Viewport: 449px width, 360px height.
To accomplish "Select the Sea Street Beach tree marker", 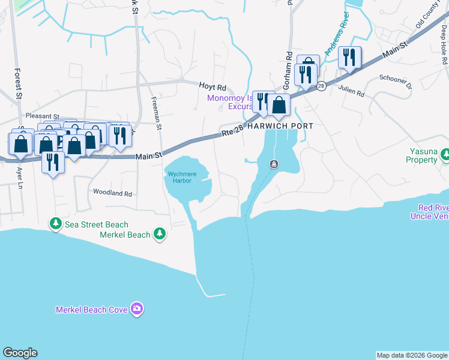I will tap(55, 224).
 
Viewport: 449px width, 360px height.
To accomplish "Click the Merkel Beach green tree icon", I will tap(159, 234).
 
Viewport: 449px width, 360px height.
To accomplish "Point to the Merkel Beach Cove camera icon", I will tap(137, 309).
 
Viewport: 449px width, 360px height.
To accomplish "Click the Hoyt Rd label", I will tap(213, 87).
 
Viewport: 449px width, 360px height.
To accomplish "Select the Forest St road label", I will tap(18, 83).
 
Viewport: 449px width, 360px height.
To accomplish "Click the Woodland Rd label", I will tap(112, 193).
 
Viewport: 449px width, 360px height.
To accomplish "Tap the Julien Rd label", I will tap(351, 94).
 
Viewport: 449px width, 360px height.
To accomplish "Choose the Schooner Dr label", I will tap(396, 82).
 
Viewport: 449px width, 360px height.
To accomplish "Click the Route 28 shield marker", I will tap(322, 86).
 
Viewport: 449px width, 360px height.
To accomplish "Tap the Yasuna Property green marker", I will tap(445, 155).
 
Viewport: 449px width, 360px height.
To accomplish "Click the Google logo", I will tap(20, 353).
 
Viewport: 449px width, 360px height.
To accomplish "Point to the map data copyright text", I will tap(411, 355).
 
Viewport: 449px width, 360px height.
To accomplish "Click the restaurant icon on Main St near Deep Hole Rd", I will tap(349, 58).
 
